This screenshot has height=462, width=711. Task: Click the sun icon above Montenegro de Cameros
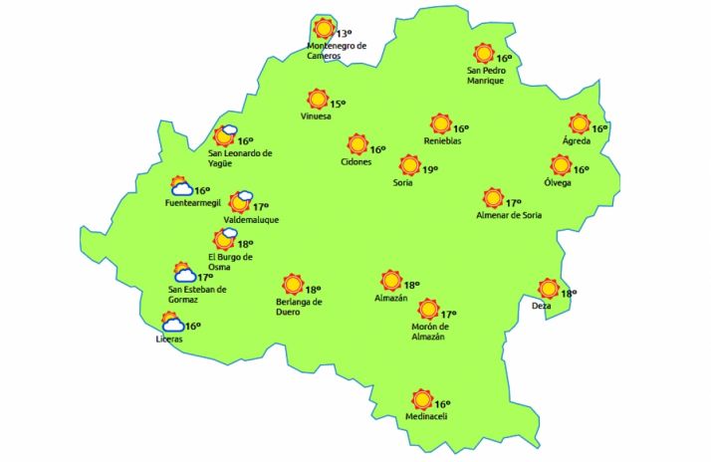pyautogui.click(x=324, y=29)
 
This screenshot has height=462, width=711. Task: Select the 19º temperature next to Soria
pyautogui.click(x=430, y=170)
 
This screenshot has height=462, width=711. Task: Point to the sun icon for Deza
pyautogui.click(x=548, y=290)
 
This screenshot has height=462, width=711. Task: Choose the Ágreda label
pyautogui.click(x=577, y=140)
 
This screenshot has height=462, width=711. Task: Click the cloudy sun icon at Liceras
pyautogui.click(x=172, y=323)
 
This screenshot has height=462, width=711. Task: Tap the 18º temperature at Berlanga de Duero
pyautogui.click(x=313, y=289)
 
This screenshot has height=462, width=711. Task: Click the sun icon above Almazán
pyautogui.click(x=389, y=281)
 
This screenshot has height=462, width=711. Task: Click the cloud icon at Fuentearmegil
pyautogui.click(x=181, y=187)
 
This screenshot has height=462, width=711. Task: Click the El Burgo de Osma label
pyautogui.click(x=223, y=262)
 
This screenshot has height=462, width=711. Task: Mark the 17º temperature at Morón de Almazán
pyautogui.click(x=448, y=315)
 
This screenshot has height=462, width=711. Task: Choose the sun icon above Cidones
pyautogui.click(x=356, y=145)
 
